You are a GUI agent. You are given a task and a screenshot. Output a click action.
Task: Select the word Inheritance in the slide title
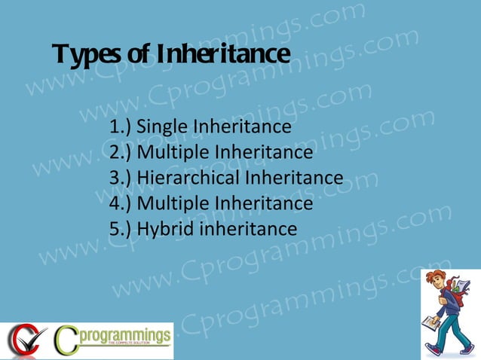pos(223,54)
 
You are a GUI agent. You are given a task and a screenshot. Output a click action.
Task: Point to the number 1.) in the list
pos(121,127)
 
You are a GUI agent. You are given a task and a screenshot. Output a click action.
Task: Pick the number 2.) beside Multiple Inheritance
pos(121,153)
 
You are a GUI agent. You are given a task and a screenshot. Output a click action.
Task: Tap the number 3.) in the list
pos(121,178)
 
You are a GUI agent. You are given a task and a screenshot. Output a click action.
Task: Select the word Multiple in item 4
pos(173,203)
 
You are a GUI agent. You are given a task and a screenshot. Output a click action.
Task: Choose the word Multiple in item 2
pos(173,153)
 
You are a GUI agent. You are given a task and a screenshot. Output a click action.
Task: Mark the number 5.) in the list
pos(121,228)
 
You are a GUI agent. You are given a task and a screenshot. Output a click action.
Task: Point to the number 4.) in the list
pos(121,203)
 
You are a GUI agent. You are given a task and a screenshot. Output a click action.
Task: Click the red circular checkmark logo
pos(23,340)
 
